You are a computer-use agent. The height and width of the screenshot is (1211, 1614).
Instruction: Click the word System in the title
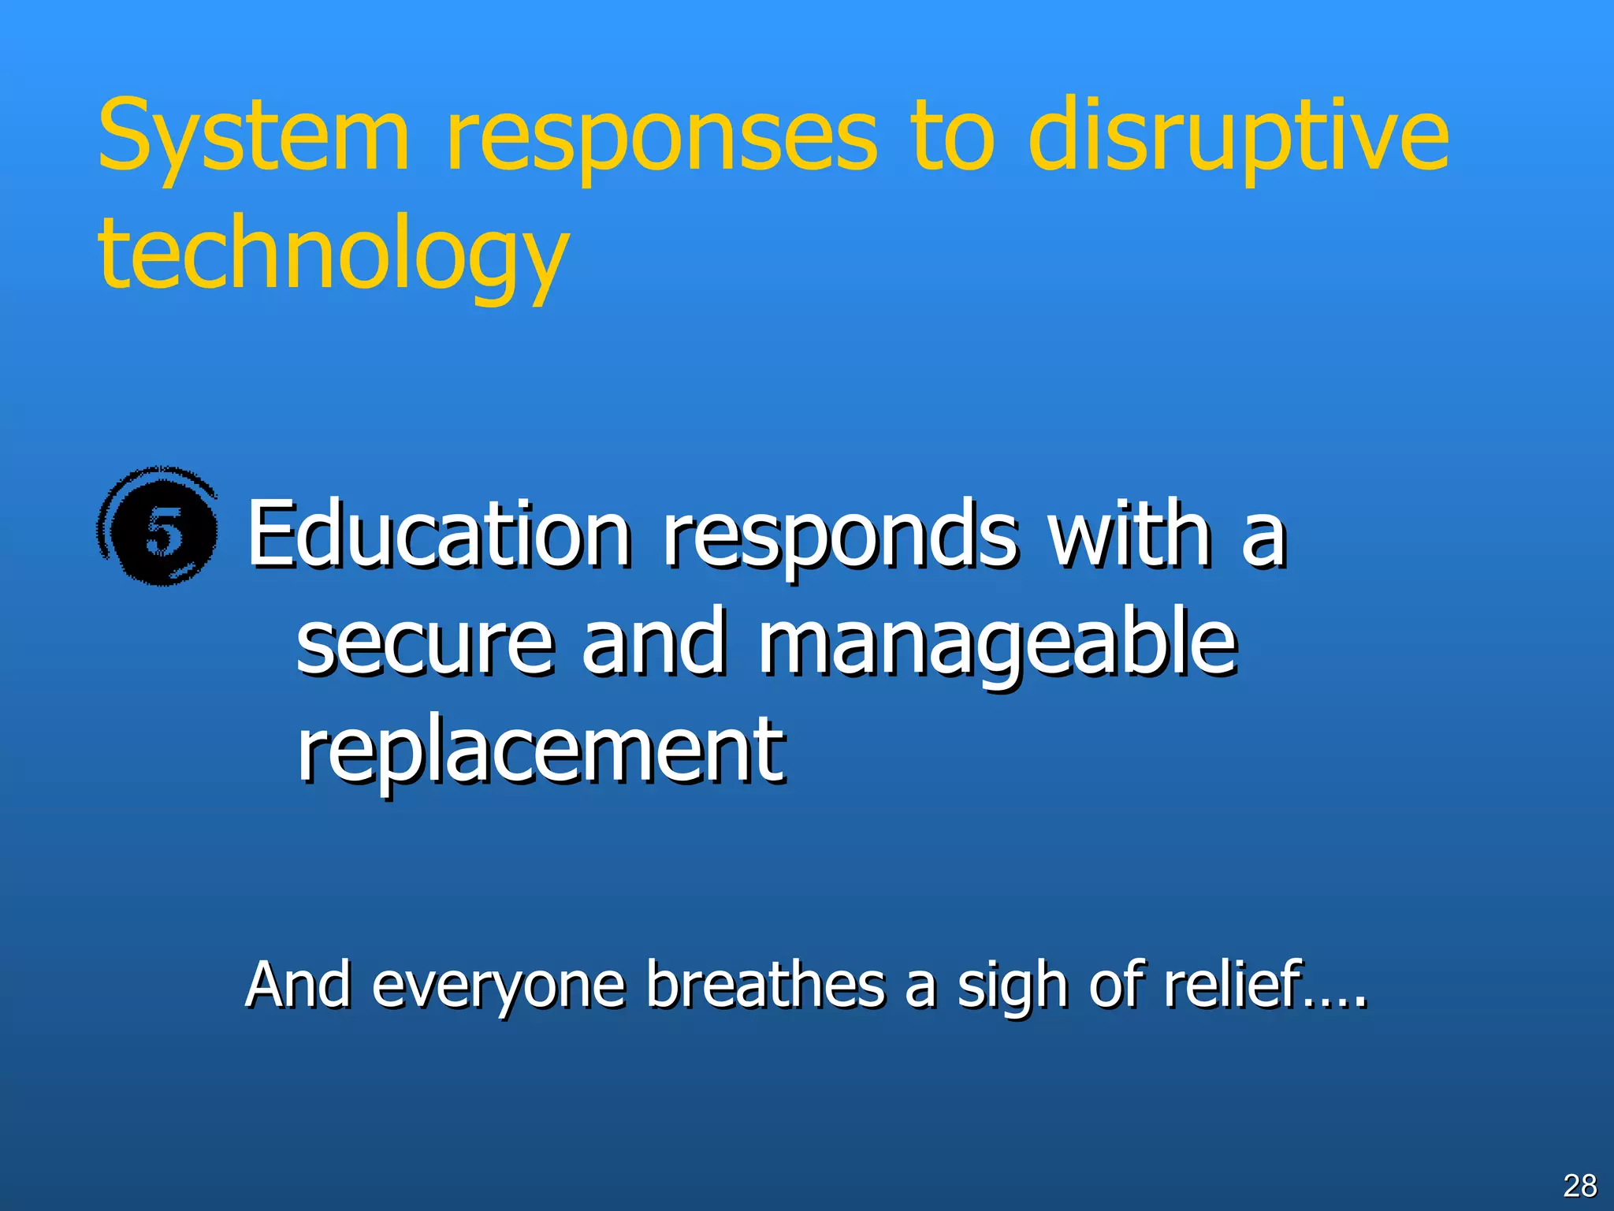[x=254, y=136]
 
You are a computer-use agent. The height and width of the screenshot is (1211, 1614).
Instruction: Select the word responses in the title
[x=660, y=136]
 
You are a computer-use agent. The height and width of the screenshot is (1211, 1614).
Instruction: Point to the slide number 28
[x=1579, y=1185]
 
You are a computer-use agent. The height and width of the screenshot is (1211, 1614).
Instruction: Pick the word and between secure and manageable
[x=653, y=643]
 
